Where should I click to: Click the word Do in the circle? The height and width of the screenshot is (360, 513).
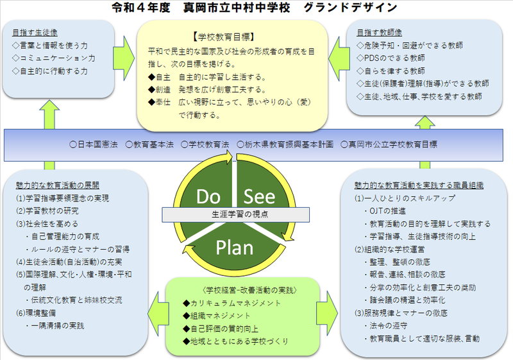pyautogui.click(x=209, y=195)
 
